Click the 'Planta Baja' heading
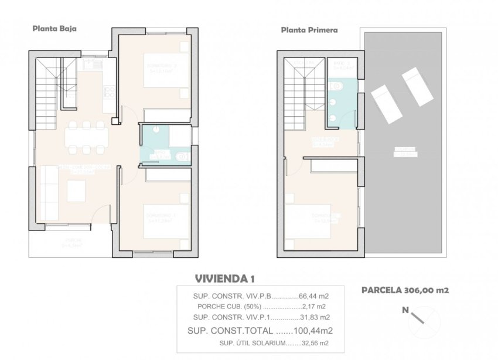tap(55, 28)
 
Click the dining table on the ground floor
tap(86, 137)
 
